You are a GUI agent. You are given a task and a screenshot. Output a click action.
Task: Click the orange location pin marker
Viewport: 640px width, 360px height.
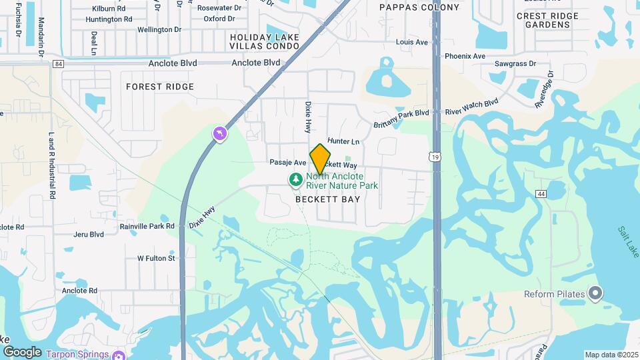[x=320, y=158]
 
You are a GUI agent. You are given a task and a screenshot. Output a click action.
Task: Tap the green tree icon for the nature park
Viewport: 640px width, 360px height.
[x=295, y=179]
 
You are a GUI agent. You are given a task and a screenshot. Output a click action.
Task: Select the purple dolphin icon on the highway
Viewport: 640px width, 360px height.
[x=219, y=135]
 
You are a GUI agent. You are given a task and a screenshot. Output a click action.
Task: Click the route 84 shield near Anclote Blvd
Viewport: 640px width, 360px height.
[x=59, y=64]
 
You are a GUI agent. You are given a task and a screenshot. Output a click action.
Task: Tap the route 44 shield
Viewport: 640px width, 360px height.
[x=541, y=193]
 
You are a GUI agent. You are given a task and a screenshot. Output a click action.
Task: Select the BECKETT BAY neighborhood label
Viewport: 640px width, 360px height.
[x=327, y=199]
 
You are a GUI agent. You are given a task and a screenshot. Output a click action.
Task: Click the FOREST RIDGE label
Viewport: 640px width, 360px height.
[x=160, y=87]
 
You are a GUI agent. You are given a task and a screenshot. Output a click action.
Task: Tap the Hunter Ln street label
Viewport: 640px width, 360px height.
[x=343, y=141]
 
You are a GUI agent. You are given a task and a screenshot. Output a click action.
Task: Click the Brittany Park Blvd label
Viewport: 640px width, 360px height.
[x=401, y=113]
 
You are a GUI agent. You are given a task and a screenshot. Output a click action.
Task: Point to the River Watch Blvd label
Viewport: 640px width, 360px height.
[x=472, y=107]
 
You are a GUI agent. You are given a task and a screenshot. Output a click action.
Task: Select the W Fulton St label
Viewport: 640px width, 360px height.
[x=156, y=258]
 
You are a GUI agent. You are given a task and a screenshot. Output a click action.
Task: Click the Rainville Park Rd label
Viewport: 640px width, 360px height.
[x=147, y=226]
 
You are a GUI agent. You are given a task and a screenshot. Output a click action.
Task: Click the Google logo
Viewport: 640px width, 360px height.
[x=22, y=351]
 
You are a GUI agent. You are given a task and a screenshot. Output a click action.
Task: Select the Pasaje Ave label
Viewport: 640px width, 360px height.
[x=287, y=163]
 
